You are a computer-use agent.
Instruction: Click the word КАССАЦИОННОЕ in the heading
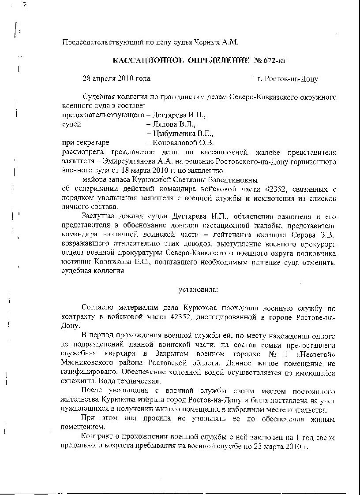(x=139, y=60)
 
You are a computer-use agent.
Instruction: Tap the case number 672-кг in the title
(x=279, y=60)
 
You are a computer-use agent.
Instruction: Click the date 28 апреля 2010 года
(x=116, y=78)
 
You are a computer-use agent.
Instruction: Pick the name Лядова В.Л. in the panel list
(x=170, y=124)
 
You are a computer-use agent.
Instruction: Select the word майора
(x=94, y=180)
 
